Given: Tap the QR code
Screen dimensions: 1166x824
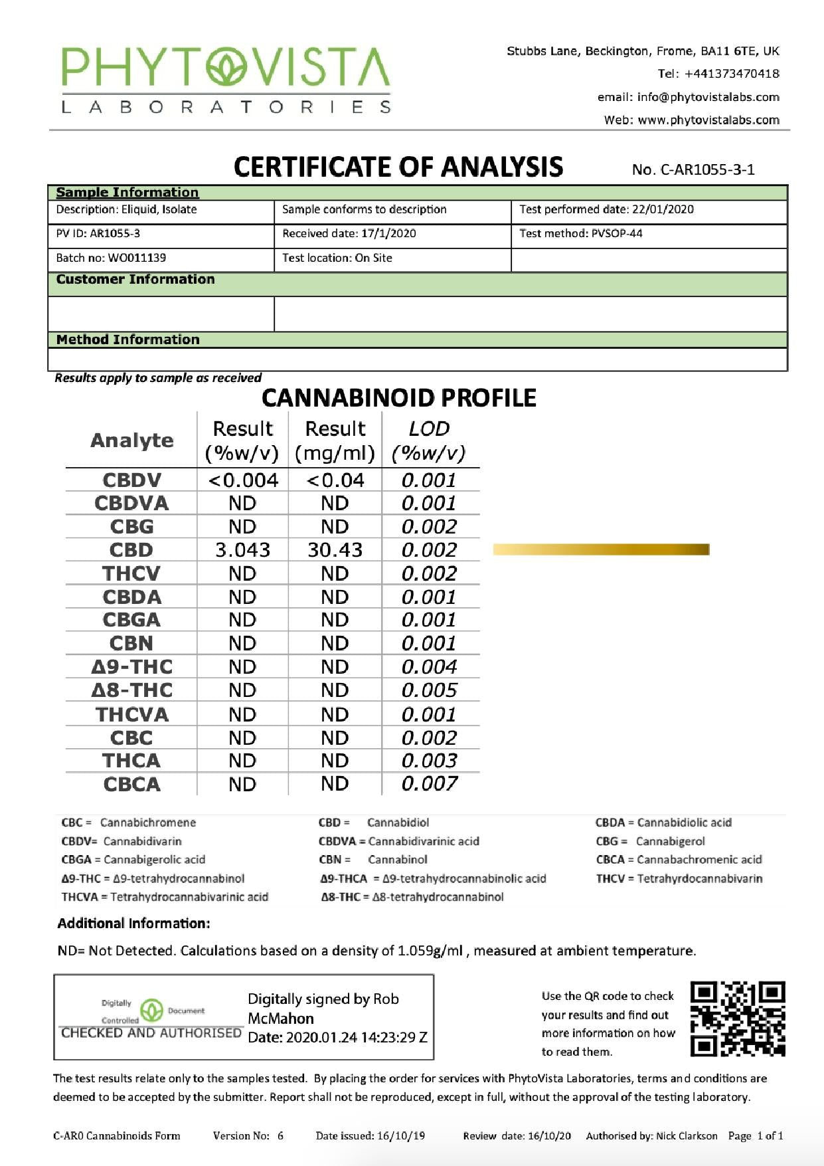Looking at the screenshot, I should click(x=738, y=1019).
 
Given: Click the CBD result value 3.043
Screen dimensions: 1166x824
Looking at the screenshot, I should click(x=242, y=550).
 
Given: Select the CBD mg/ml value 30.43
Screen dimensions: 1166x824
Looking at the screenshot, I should click(x=335, y=550).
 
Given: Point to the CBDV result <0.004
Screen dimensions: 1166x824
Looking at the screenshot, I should click(x=243, y=480).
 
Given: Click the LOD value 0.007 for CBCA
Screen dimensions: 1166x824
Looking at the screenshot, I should click(x=429, y=784).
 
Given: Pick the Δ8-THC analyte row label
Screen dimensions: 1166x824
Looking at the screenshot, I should click(x=131, y=690).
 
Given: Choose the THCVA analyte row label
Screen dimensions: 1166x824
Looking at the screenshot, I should click(x=131, y=714).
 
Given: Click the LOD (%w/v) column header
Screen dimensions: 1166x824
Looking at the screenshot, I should click(x=429, y=440).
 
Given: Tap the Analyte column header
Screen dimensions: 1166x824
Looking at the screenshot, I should click(x=131, y=440).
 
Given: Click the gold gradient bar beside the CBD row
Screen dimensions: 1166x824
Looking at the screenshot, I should click(x=601, y=549).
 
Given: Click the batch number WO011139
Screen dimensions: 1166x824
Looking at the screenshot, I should click(x=137, y=258).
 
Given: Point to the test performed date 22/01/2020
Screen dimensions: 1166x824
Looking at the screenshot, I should click(x=663, y=209).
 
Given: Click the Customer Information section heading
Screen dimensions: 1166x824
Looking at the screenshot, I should click(x=135, y=280).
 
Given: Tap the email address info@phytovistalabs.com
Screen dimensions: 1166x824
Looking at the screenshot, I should click(x=708, y=97).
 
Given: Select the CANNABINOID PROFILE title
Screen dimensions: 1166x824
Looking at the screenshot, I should click(x=399, y=398).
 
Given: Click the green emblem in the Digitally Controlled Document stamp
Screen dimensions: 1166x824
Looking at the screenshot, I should click(x=152, y=1011).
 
